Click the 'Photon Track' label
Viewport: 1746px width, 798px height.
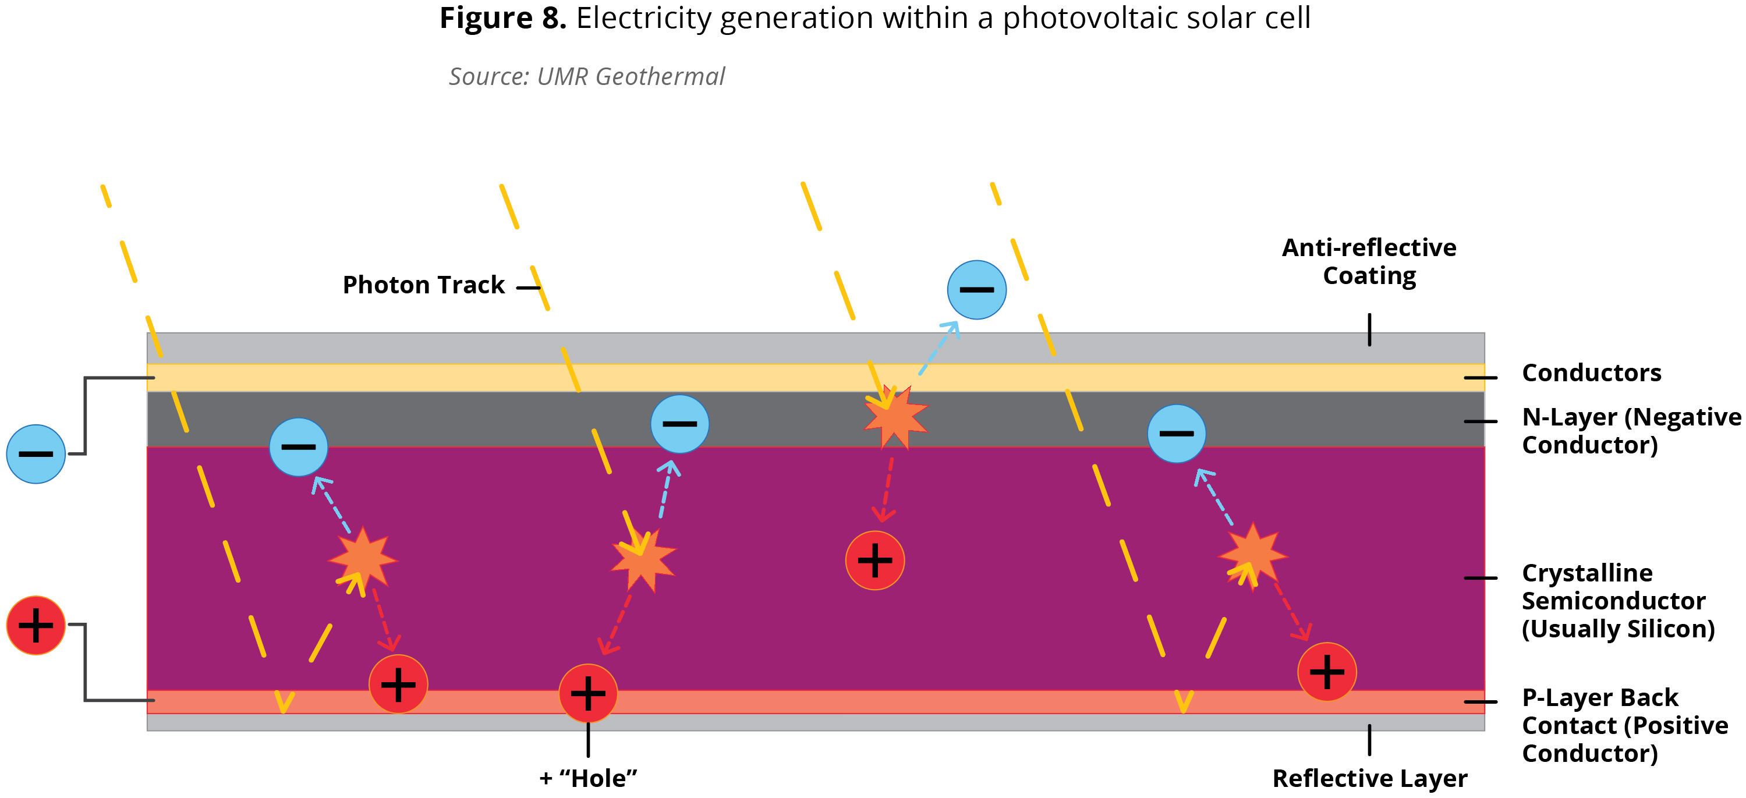pos(424,285)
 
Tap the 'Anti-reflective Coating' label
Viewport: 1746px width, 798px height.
pos(1369,261)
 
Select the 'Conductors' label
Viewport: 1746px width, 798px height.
pos(1591,373)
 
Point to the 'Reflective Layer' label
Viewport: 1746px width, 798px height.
pos(1369,778)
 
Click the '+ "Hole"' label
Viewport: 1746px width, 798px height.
pos(589,778)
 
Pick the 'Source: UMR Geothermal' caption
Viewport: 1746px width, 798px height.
pos(586,77)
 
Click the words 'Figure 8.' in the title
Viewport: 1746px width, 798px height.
pos(502,18)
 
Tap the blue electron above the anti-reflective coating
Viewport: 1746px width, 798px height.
pos(976,290)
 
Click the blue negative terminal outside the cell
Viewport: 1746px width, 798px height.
pos(36,454)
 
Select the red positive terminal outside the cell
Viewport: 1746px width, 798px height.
pos(36,625)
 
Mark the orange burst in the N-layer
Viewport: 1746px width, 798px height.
pos(895,417)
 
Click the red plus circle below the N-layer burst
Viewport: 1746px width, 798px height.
pos(874,560)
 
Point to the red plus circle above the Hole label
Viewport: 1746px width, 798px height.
pos(587,693)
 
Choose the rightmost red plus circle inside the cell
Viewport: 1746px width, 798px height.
pos(1326,671)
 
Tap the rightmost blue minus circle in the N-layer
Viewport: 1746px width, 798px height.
pos(1176,434)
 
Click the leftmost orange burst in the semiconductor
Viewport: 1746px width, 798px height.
pos(363,559)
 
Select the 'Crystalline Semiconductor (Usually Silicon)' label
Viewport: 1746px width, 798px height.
pos(1617,601)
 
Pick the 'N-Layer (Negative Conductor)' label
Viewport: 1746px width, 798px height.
pos(1630,431)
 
